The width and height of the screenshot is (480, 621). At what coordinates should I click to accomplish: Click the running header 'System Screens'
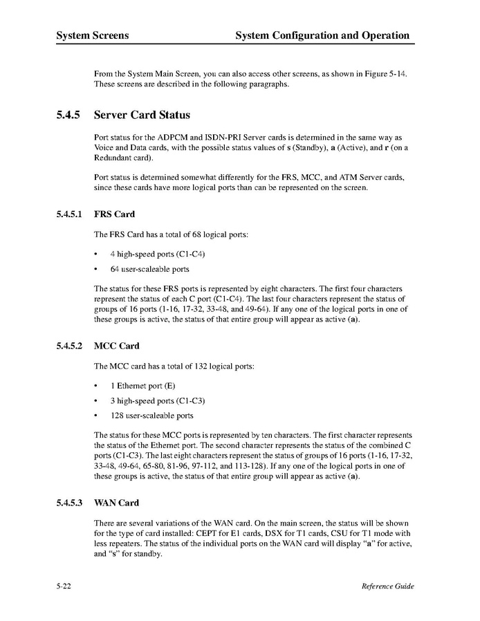tap(92, 35)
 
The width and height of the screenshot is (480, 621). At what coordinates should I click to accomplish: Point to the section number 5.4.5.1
tap(71, 214)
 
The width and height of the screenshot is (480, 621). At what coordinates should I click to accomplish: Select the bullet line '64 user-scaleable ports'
tap(149, 269)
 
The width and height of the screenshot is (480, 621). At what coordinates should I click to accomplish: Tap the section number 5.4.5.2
tap(71, 346)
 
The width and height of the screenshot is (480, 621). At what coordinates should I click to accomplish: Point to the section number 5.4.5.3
tap(71, 503)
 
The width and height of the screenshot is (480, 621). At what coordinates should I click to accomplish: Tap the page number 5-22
tap(67, 587)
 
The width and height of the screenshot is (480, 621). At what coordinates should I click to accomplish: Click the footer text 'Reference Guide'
tap(387, 587)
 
